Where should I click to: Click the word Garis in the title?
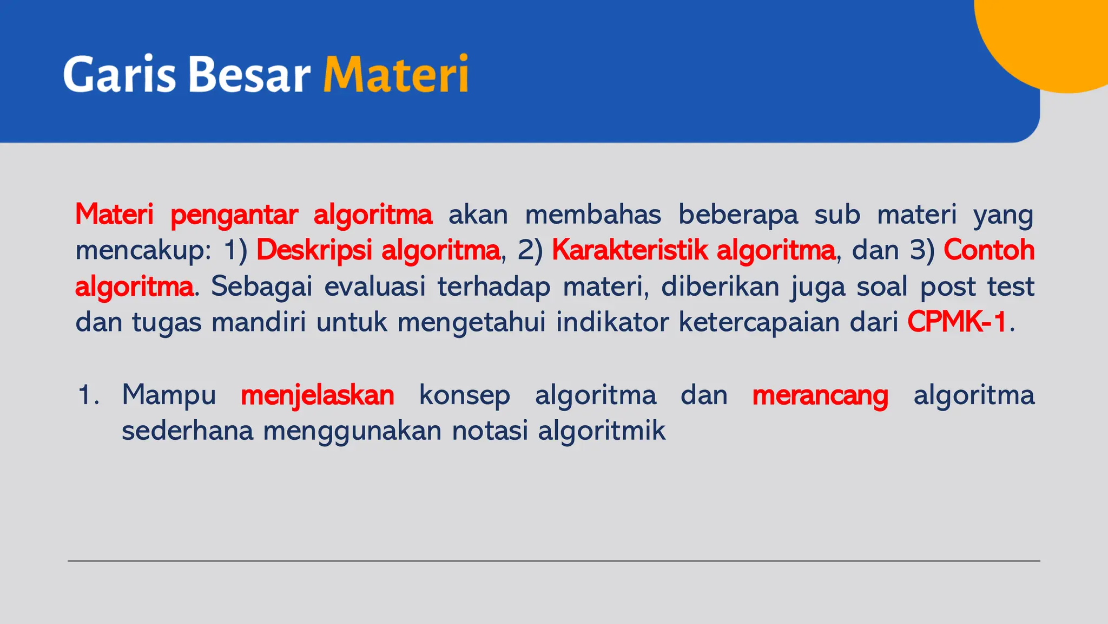[120, 74]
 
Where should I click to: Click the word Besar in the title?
[249, 74]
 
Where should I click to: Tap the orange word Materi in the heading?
[395, 74]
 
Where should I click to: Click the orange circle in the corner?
[1055, 38]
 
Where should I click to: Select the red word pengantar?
[234, 215]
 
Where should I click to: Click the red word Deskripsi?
[314, 250]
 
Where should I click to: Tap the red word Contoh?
[989, 250]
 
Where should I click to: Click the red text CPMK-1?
[957, 322]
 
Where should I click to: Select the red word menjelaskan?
[317, 395]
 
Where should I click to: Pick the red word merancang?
[820, 395]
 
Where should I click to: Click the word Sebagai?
[261, 287]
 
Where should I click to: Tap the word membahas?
[593, 214]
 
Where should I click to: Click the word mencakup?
[143, 251]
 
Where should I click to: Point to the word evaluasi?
[375, 287]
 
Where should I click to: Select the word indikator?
[611, 322]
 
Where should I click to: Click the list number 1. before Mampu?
[88, 395]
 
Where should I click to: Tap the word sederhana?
[187, 431]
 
